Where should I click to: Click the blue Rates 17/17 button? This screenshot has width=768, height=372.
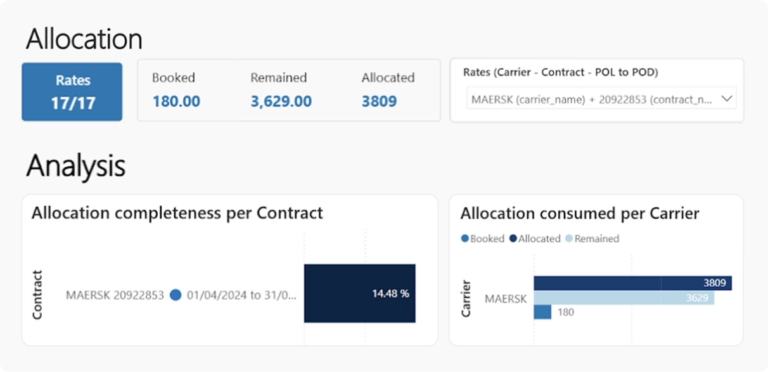72,91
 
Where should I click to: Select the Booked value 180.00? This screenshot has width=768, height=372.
176,101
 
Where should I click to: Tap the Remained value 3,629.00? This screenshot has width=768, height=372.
281,101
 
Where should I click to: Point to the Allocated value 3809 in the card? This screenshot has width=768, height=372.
379,101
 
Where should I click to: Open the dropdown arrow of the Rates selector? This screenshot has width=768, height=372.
727,99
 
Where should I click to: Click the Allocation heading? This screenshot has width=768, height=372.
84,39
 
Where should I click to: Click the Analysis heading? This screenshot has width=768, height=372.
75,166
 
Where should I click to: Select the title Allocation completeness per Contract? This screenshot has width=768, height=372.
177,213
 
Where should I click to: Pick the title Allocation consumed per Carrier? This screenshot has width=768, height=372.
579,214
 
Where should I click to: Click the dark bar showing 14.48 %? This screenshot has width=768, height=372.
359,293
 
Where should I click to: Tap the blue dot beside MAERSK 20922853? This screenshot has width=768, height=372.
176,295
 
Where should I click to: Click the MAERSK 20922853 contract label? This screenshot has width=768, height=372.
115,295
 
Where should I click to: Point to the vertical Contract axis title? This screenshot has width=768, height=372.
37,295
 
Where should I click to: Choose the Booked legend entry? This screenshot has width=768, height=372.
483,239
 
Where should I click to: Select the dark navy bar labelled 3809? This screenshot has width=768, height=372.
632,283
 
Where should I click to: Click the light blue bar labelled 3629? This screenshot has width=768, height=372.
624,298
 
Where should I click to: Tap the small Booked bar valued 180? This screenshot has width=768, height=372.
542,312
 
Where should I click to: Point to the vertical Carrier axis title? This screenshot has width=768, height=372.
466,298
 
